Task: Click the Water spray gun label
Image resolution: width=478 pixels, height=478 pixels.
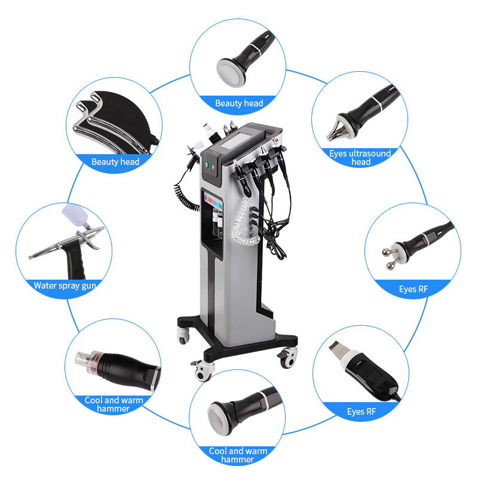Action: tap(65, 285)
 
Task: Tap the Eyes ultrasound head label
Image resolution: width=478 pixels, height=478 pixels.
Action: tap(360, 158)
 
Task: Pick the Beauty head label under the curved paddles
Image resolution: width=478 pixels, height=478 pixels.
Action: tap(115, 161)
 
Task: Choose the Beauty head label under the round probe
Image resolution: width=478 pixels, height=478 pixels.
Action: tap(239, 103)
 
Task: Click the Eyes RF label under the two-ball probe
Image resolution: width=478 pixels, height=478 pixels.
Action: tap(413, 289)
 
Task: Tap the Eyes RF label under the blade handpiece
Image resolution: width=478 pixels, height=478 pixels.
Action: tap(362, 411)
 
